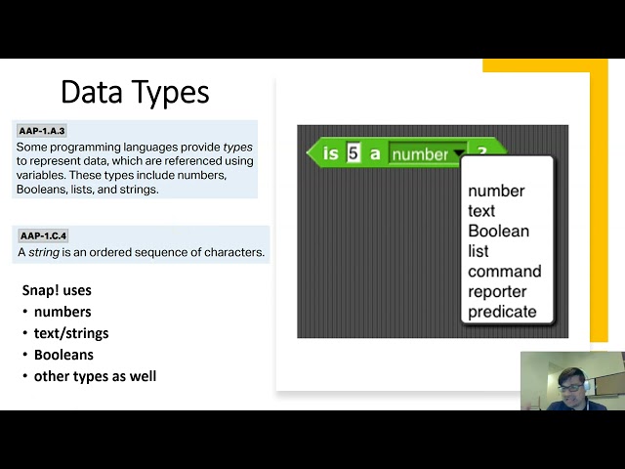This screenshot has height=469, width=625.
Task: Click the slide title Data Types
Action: tap(135, 93)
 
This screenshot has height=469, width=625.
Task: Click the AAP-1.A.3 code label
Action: tap(42, 131)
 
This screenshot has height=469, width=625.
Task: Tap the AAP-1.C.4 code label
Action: tap(43, 235)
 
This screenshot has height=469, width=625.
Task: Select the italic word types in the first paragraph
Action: tap(237, 148)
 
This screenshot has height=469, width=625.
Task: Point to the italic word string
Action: tap(44, 252)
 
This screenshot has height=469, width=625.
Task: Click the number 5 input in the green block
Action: tap(354, 153)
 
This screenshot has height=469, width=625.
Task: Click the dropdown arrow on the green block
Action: tap(459, 153)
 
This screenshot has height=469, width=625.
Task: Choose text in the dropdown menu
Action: tap(481, 211)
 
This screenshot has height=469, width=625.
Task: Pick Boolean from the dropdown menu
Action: tap(498, 231)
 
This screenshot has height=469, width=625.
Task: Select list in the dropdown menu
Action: tap(478, 251)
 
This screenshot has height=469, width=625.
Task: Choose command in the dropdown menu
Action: tap(505, 272)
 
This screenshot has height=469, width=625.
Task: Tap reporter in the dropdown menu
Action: tap(497, 291)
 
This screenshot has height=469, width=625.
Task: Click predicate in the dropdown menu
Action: tap(502, 312)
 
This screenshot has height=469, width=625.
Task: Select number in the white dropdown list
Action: tap(496, 191)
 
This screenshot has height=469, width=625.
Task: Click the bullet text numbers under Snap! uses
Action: tap(62, 312)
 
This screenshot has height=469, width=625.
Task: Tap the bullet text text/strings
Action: tap(71, 333)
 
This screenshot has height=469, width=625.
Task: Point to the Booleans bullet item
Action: tap(63, 355)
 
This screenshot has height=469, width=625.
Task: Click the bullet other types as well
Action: tap(96, 376)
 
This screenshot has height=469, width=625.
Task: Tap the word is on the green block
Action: tap(330, 153)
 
